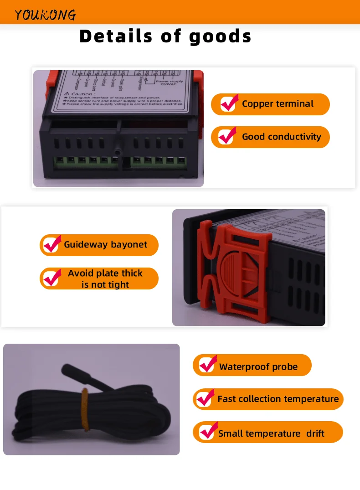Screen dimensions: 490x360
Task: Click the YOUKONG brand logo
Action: point(45,15)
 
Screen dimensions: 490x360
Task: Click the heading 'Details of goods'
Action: point(165,36)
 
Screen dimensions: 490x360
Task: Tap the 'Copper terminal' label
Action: point(278,104)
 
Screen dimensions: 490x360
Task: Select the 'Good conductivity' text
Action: point(281,137)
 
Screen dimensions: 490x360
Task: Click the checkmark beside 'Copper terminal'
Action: point(228,103)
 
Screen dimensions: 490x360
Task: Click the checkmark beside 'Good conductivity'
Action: point(227,136)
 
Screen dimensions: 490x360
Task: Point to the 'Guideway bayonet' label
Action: point(105,245)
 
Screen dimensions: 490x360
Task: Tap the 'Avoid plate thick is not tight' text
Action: point(105,279)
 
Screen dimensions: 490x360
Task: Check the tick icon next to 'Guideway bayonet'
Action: point(52,245)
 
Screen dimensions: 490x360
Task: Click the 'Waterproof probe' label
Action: point(258,367)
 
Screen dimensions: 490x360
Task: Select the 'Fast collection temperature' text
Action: point(278,399)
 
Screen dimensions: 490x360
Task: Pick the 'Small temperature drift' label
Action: point(271,433)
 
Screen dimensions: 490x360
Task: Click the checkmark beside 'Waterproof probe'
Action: point(208,365)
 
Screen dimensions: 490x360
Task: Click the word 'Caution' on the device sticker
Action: point(83,94)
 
